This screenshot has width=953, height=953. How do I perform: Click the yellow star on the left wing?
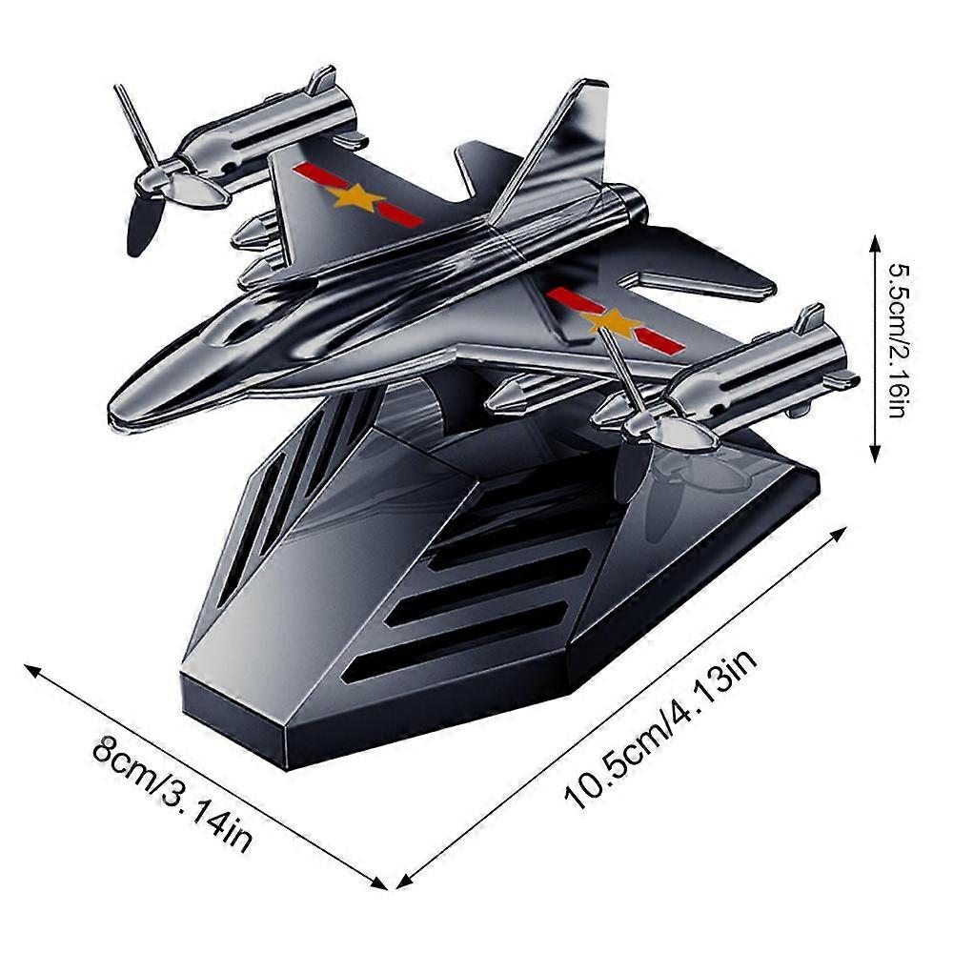pyautogui.click(x=355, y=197)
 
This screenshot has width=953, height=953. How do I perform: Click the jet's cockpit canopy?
pyautogui.click(x=238, y=324)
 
